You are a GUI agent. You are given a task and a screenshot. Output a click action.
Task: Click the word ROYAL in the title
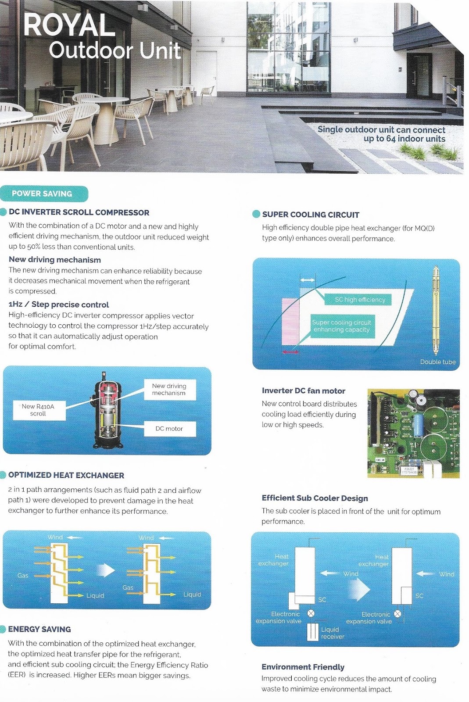pos(69,25)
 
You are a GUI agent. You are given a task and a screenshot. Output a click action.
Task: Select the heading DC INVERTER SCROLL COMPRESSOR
pos(79,212)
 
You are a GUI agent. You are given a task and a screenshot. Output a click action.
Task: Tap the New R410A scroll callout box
pos(39,410)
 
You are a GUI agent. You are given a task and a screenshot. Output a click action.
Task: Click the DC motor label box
pos(169,429)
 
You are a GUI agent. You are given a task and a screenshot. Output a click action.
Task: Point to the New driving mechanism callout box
pos(169,390)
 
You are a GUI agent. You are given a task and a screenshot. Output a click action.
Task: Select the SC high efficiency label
pos(360,300)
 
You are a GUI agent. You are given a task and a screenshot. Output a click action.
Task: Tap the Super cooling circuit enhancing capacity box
pos(342,326)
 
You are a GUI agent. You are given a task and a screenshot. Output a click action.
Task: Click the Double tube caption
pos(437,362)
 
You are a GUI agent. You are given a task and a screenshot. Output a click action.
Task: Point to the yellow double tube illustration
pos(436,309)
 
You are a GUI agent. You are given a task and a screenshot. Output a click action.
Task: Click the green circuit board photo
pos(413,433)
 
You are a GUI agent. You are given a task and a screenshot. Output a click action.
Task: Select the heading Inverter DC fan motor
pos(303,391)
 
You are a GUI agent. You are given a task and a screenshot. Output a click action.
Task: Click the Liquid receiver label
pos(332,633)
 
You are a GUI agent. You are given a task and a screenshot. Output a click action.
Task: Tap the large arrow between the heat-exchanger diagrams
pos(105,570)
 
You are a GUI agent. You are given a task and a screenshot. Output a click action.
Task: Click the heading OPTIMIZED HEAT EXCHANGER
pos(66,475)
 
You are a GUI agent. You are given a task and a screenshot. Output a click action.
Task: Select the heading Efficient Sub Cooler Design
pos(315,498)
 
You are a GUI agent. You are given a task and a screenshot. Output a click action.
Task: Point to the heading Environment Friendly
pos(303,667)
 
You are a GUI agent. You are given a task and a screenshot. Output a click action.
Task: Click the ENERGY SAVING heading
pos(39,629)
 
